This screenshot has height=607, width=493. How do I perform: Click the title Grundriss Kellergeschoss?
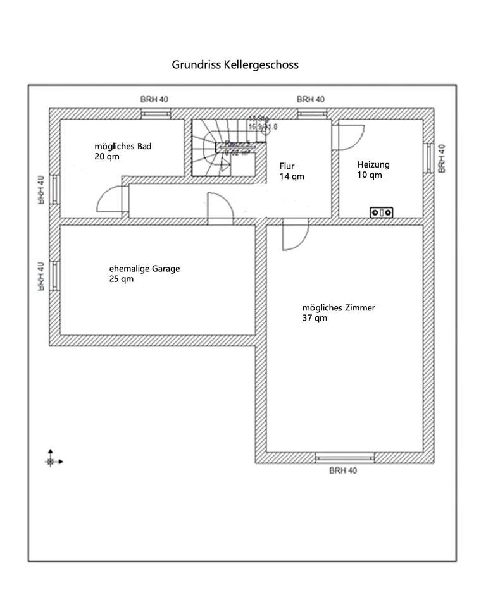(235, 64)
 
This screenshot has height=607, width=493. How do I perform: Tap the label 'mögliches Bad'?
(123, 146)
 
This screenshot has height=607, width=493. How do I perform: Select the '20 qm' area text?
(106, 156)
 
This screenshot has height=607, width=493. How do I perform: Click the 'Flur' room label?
(287, 166)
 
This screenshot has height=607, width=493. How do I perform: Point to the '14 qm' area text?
(292, 176)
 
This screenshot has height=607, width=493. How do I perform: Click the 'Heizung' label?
(373, 164)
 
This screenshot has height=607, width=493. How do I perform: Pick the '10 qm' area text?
(369, 175)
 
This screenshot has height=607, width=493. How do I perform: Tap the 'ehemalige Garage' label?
(144, 269)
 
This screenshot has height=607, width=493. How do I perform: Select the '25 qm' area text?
(122, 279)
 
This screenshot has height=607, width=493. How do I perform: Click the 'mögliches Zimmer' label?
(339, 308)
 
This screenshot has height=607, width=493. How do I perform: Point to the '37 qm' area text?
(315, 318)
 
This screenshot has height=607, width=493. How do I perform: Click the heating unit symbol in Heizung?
(382, 212)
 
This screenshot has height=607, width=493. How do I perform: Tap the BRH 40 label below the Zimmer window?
(343, 470)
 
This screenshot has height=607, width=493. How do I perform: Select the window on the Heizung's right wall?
(430, 158)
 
